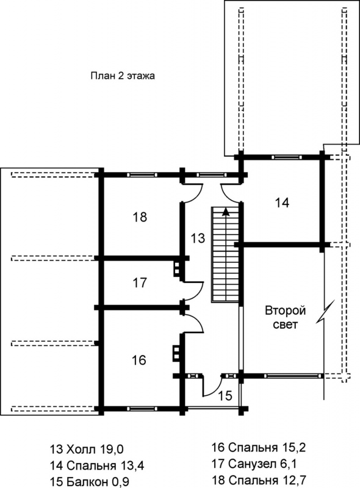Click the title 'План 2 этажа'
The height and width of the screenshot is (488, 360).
[123, 76]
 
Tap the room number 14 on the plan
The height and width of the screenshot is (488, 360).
[282, 203]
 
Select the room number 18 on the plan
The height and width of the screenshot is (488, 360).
[140, 217]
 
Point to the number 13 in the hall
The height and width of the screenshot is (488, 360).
[198, 238]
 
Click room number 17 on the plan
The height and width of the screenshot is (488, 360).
[140, 283]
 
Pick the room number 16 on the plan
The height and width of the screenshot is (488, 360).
[139, 360]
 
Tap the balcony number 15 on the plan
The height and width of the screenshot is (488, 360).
[225, 395]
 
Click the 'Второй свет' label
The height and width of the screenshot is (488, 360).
[286, 317]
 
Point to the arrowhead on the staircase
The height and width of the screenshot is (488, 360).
[226, 212]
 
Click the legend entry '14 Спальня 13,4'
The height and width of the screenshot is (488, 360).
[97, 466]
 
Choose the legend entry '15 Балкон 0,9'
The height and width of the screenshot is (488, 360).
[89, 481]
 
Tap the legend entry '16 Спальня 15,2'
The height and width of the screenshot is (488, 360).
[259, 448]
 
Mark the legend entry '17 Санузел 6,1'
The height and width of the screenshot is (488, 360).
[254, 464]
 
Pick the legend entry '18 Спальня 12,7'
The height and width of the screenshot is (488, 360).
[259, 479]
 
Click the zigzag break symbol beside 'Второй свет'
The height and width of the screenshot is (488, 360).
[325, 312]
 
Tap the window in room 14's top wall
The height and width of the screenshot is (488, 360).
[287, 157]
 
